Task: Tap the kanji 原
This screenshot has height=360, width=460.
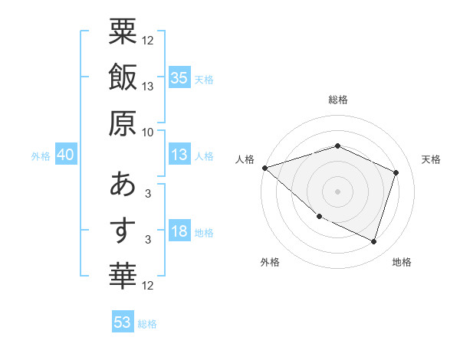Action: [123, 122]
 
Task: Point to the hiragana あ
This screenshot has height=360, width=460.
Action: [123, 185]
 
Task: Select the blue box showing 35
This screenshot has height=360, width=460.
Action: [179, 77]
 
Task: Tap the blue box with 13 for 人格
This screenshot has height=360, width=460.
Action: [179, 155]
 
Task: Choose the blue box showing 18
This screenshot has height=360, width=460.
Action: [179, 232]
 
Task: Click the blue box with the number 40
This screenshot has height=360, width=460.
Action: [65, 155]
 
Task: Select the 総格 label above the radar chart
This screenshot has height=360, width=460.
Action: [338, 100]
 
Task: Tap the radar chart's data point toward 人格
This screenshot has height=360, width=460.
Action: [264, 167]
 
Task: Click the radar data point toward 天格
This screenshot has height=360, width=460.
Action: [396, 172]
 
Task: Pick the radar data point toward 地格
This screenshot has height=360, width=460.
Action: [373, 241]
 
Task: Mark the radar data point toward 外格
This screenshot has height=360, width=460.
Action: [319, 217]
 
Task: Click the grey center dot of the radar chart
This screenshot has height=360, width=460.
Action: [337, 191]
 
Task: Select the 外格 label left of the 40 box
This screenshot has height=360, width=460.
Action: [41, 156]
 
